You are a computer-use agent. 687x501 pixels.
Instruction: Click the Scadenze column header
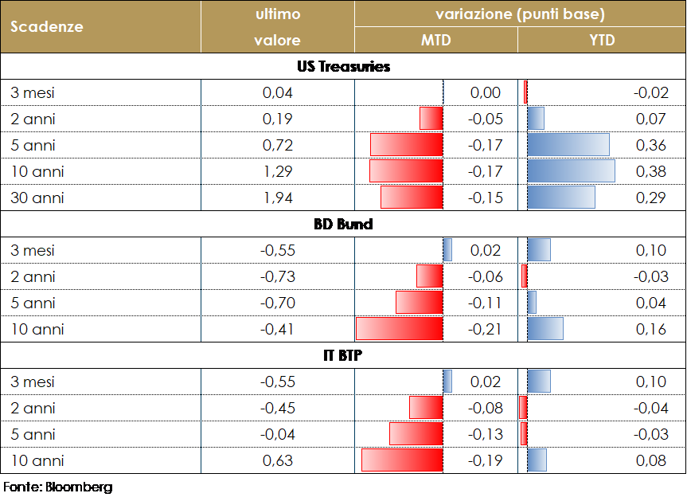[47, 26]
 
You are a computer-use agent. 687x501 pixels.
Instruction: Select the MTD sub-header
[435, 40]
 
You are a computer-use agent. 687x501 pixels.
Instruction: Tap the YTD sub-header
[602, 40]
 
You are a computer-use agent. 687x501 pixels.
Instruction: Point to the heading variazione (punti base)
[520, 14]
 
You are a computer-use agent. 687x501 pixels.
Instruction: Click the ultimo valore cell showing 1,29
[278, 171]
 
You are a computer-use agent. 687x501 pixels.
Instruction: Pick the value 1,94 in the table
[278, 198]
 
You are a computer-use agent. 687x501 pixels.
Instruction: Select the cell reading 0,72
[278, 145]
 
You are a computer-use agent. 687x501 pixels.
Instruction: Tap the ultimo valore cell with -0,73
[278, 276]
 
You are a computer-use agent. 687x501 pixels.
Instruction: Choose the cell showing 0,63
[278, 460]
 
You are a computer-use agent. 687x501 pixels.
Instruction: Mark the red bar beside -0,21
[399, 329]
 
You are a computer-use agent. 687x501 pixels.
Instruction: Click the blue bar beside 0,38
[571, 171]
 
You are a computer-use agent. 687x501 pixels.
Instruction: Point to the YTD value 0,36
[650, 145]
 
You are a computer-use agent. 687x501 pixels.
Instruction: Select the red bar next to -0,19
[402, 460]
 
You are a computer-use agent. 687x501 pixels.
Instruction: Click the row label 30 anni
[37, 198]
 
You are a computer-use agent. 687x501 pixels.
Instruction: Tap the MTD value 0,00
[486, 92]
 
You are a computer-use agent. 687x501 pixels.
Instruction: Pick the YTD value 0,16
[650, 329]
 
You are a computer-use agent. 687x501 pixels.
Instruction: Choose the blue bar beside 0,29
[561, 198]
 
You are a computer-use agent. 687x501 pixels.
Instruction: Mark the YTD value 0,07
[650, 119]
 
